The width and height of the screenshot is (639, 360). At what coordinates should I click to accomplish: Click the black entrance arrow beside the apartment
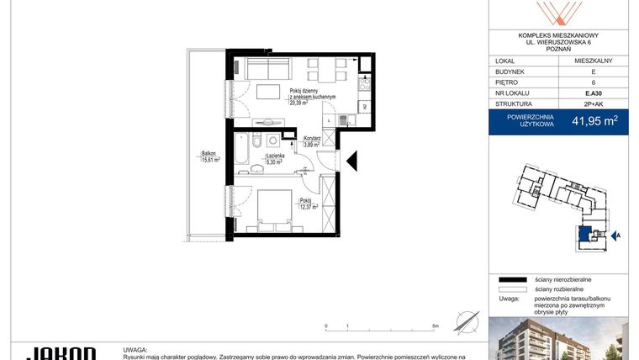pyautogui.click(x=353, y=159)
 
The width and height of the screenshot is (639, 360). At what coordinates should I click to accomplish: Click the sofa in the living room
pyautogui.click(x=267, y=66)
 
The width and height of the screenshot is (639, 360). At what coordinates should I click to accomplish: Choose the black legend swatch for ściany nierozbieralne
pyautogui.click(x=507, y=278)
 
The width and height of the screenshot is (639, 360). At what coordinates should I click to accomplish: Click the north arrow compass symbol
pyautogui.click(x=466, y=322)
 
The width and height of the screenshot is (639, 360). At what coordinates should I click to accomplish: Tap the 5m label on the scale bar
pyautogui.click(x=435, y=325)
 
